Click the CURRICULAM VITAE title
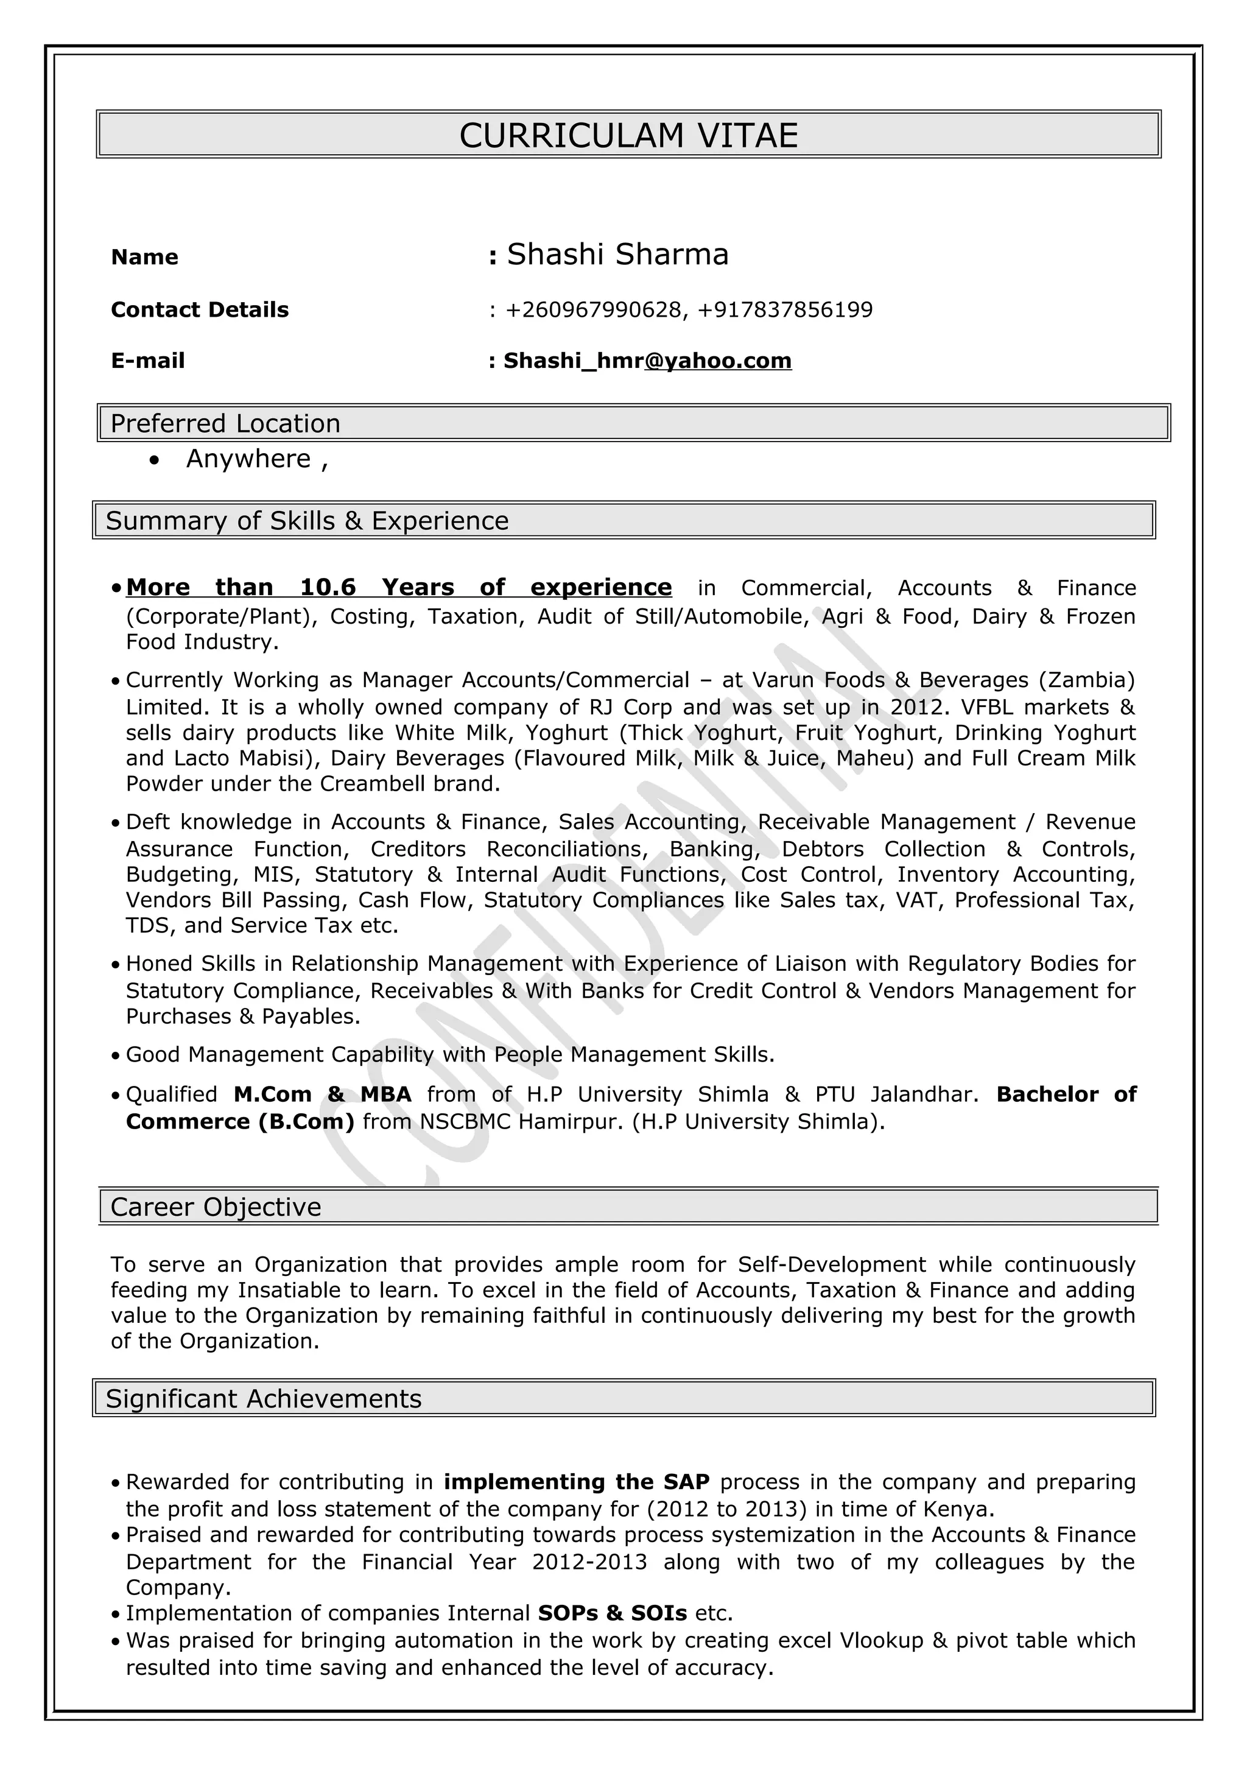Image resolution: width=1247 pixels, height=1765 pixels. [x=628, y=135]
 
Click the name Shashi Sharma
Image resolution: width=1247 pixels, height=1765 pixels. [x=617, y=255]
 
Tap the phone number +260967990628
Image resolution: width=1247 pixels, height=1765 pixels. [x=593, y=310]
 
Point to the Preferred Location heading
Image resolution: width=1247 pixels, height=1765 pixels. [x=225, y=423]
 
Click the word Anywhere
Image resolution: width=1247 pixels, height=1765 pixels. [x=248, y=459]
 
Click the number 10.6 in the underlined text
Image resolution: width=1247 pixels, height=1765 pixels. [x=328, y=587]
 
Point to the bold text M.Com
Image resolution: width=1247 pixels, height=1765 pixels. [x=272, y=1094]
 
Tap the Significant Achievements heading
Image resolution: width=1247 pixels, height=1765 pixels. [x=264, y=1398]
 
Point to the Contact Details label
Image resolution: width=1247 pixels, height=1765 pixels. [x=200, y=310]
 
